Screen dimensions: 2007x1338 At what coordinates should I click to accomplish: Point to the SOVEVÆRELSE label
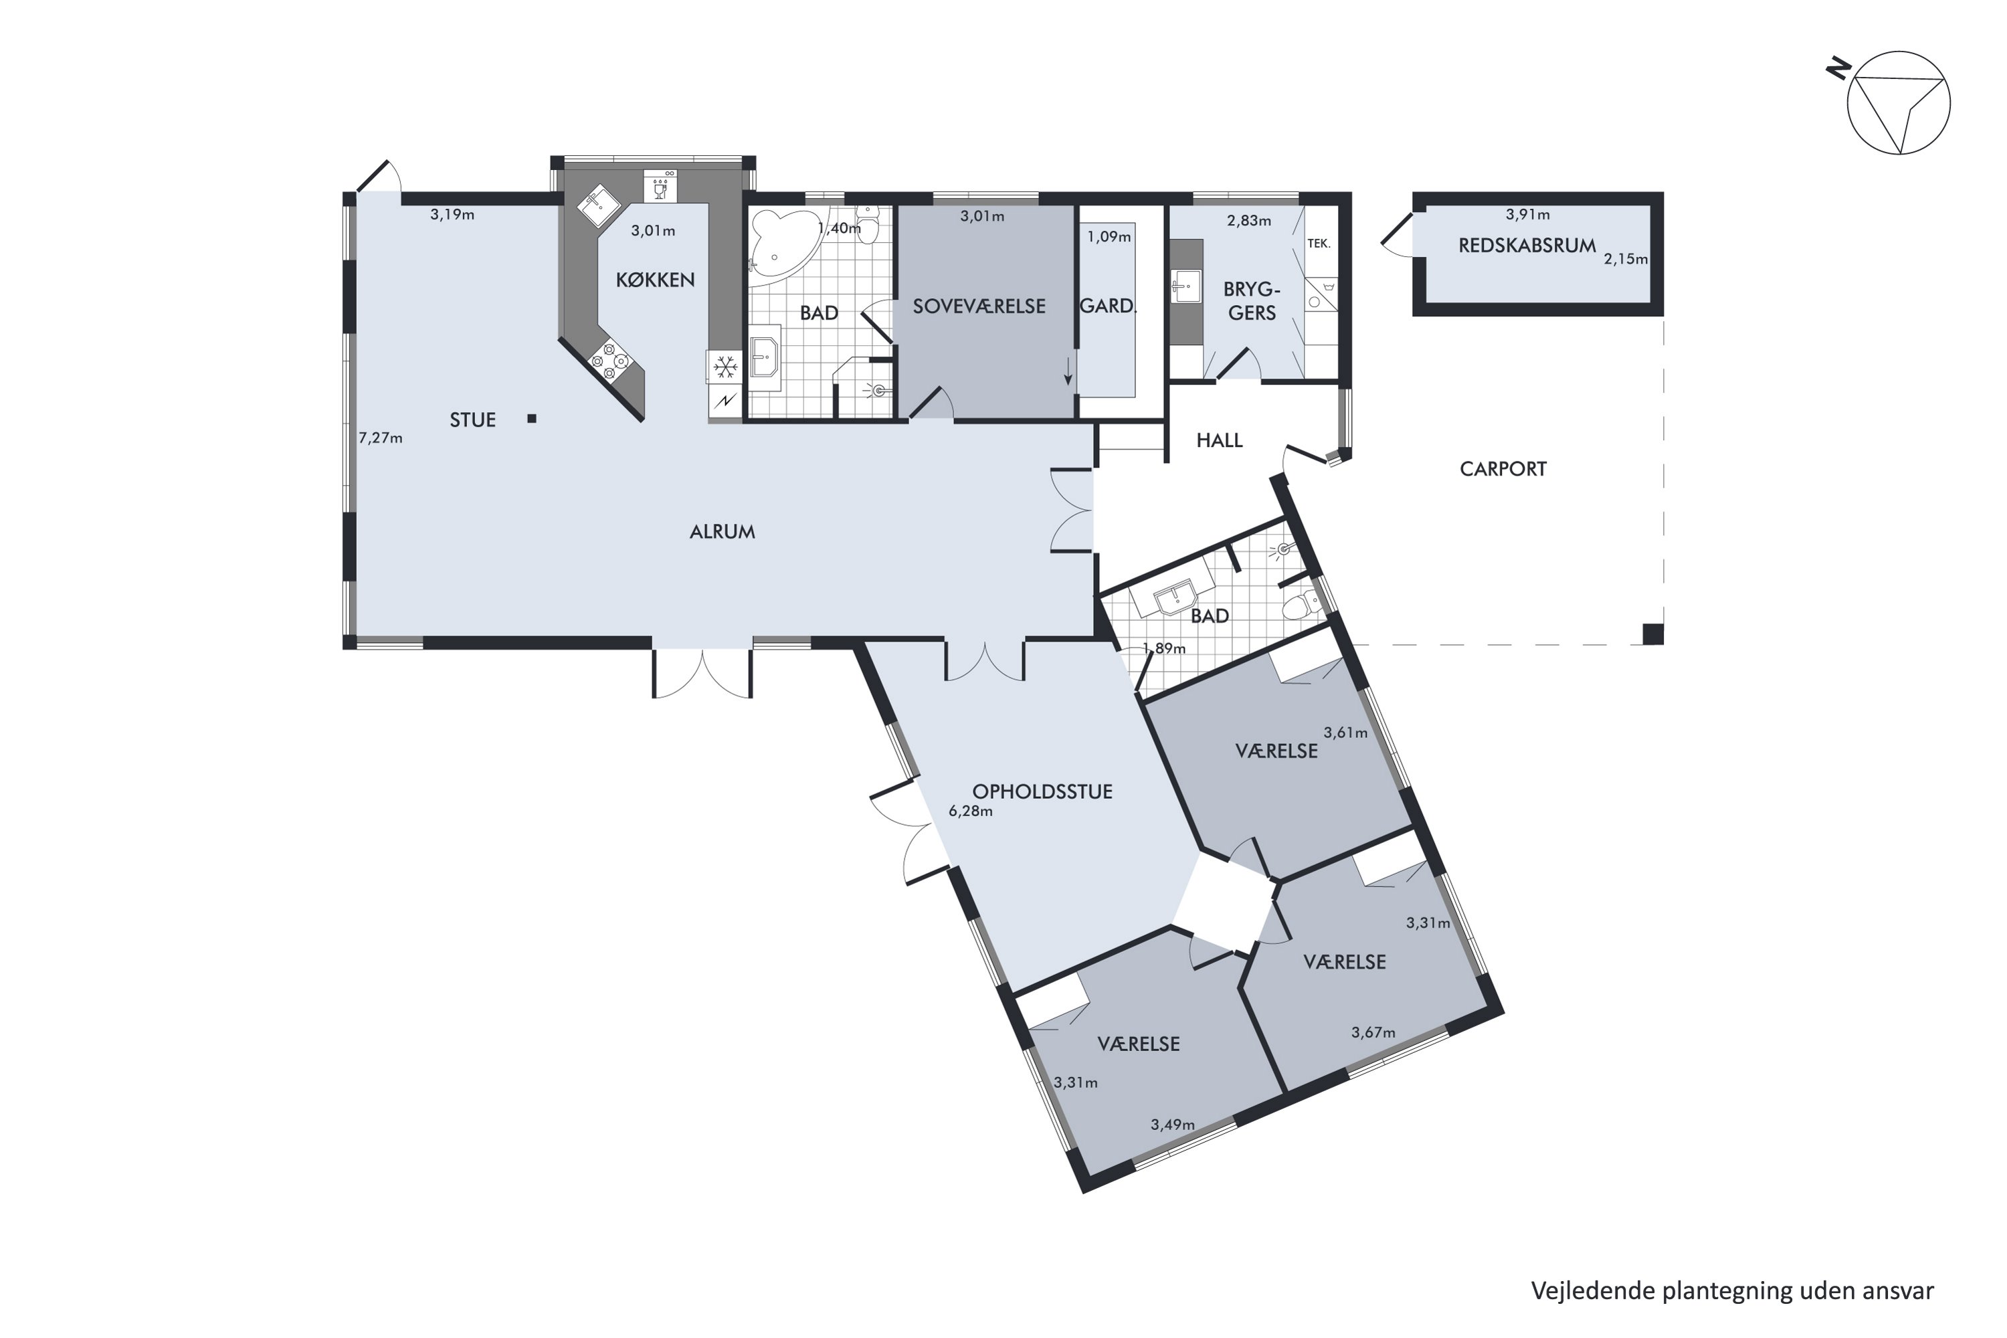[x=979, y=306]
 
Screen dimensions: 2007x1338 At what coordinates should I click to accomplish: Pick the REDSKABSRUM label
[x=1527, y=246]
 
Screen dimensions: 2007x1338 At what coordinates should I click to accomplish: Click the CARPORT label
[x=1503, y=468]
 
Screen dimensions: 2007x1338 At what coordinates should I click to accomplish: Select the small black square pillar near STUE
[x=532, y=418]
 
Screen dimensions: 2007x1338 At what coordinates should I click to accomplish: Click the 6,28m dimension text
[x=971, y=811]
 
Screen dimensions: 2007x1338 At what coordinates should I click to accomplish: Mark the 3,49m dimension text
[x=1173, y=1125]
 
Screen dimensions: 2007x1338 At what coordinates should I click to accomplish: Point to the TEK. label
[x=1319, y=244]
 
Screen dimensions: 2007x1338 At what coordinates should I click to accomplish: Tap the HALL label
[x=1220, y=440]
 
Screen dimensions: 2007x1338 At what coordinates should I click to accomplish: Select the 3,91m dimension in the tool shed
[x=1527, y=215]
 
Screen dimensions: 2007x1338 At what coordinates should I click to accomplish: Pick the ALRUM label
[x=722, y=532]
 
